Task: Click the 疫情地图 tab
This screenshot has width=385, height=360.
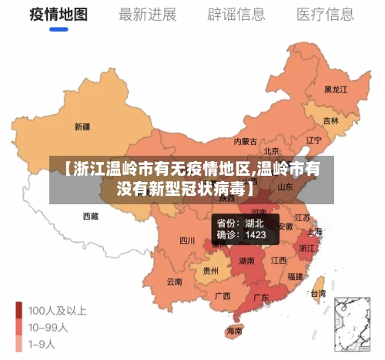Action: [x=59, y=15]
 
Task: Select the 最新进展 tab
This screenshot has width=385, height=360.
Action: [x=147, y=15]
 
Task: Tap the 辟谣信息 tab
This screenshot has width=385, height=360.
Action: [x=236, y=15]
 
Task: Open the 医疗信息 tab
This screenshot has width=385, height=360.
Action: [x=326, y=15]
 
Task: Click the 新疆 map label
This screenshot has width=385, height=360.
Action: [x=82, y=126]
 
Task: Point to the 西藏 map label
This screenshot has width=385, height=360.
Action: [x=90, y=217]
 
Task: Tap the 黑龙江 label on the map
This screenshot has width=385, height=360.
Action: [x=336, y=90]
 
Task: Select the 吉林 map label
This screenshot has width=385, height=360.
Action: [x=330, y=121]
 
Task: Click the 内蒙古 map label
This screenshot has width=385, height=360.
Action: [x=246, y=142]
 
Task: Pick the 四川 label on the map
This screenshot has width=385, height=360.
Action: [x=187, y=241]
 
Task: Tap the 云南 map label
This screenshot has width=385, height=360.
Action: [x=175, y=281]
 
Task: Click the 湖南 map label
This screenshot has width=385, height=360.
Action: [x=247, y=261]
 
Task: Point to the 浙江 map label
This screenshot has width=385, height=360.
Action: [x=306, y=248]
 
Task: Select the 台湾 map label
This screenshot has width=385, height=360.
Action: [x=317, y=293]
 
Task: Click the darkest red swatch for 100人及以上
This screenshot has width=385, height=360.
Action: [x=18, y=311]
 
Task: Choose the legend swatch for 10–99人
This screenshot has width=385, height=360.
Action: [x=18, y=327]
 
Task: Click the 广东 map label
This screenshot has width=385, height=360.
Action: [x=261, y=298]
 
